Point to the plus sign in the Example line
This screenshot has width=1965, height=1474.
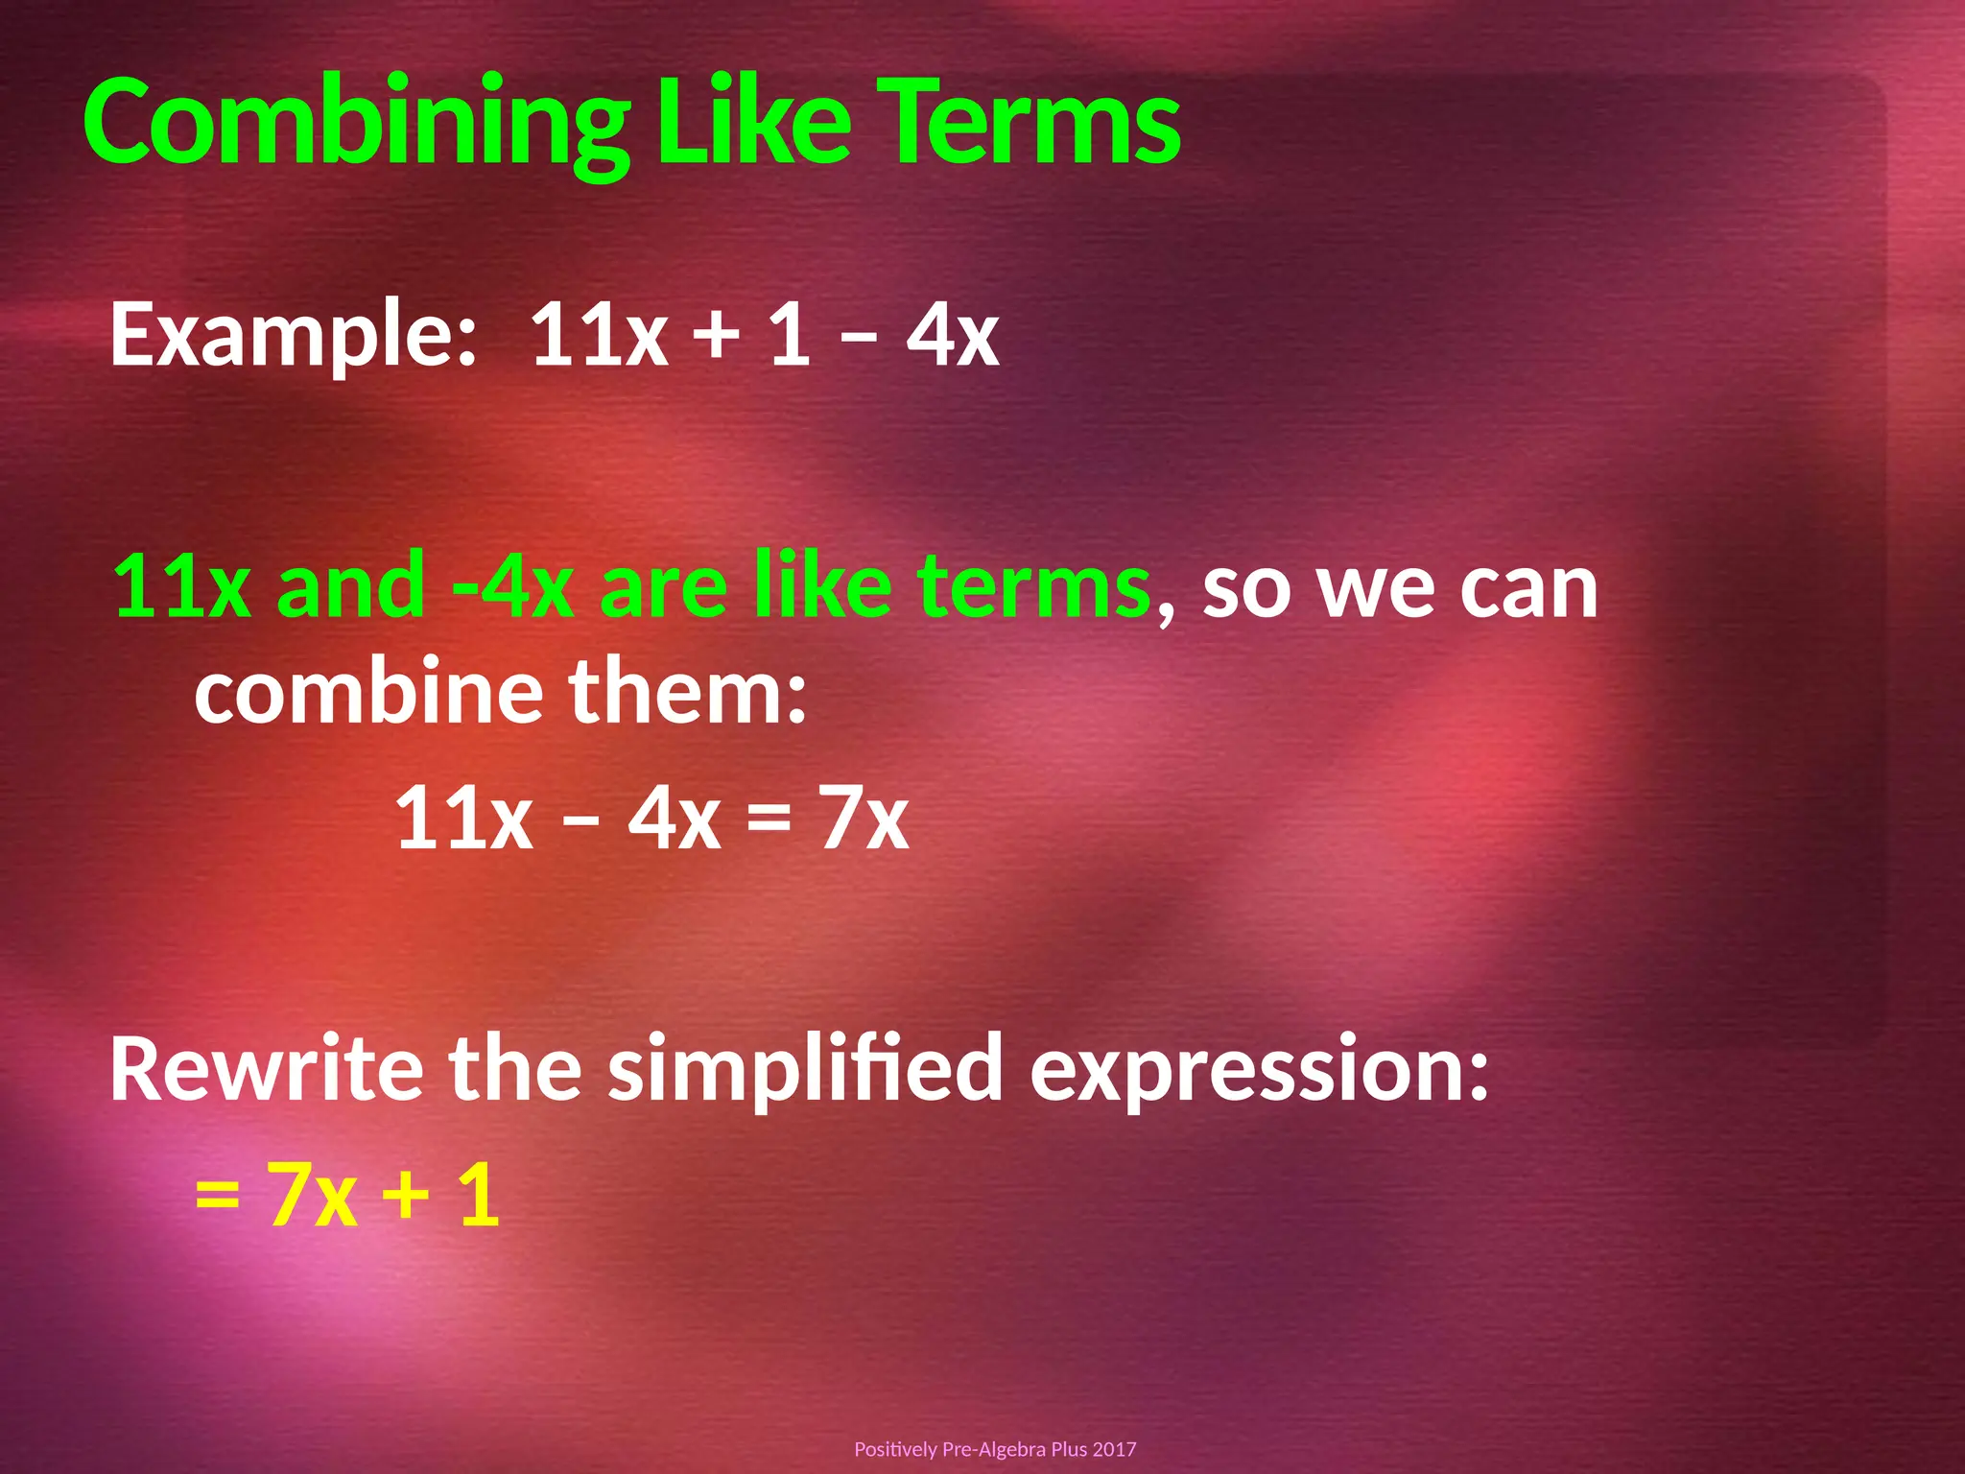point(717,334)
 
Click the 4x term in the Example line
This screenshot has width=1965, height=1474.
point(953,334)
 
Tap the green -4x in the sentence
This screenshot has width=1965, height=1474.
point(512,585)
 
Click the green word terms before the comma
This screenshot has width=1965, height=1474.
point(1033,585)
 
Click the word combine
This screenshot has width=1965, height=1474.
point(369,691)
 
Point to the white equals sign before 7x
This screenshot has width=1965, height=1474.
point(769,820)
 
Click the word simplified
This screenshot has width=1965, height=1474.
point(806,1069)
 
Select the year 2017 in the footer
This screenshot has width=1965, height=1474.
point(1114,1449)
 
